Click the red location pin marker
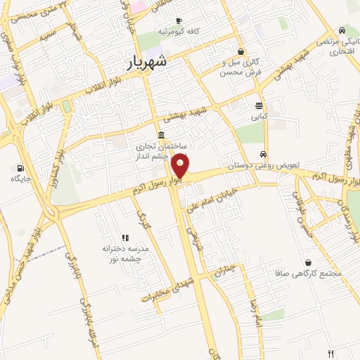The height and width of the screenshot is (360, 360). point(181,167)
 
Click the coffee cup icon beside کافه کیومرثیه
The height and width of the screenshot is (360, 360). point(179,20)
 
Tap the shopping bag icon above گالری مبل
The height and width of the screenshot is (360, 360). point(241,51)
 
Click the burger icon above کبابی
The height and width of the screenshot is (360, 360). point(259,105)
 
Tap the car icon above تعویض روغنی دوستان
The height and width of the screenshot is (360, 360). point(263,154)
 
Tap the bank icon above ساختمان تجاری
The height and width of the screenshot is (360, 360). point(162,135)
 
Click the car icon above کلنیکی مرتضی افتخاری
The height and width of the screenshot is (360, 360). point(342,31)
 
